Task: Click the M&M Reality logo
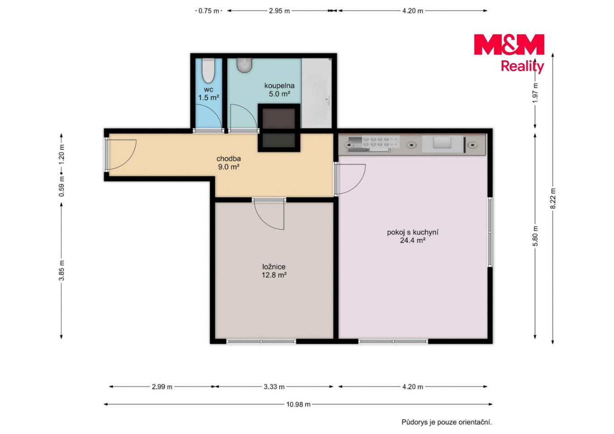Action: (x=509, y=54)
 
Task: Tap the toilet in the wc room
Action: (x=209, y=71)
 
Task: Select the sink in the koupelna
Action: (x=244, y=65)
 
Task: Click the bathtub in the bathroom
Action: (x=316, y=93)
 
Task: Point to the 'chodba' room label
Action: (x=229, y=159)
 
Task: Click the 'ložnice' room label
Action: (x=274, y=267)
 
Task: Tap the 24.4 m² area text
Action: (x=413, y=241)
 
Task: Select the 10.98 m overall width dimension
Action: (x=298, y=404)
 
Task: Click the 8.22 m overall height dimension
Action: (x=553, y=199)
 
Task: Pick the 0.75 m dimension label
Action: (x=209, y=11)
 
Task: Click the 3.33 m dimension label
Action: (x=274, y=387)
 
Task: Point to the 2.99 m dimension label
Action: (x=162, y=387)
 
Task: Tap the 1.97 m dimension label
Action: (x=535, y=93)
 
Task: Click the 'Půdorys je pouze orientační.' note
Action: (x=447, y=422)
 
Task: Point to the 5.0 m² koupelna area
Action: (x=279, y=94)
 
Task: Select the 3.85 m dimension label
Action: (x=61, y=270)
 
